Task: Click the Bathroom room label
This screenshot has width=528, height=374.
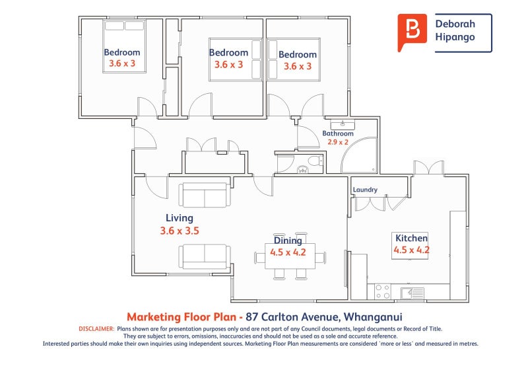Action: [x=337, y=133]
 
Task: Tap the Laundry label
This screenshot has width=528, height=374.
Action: [x=365, y=190]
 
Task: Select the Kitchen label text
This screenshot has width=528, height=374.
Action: [x=411, y=239]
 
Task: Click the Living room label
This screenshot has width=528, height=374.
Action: [x=179, y=218]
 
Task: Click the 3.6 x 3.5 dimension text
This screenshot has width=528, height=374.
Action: [x=179, y=231]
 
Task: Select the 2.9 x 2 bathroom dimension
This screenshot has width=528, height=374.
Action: [x=337, y=141]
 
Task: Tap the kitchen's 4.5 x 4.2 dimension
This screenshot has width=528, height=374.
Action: [x=411, y=250]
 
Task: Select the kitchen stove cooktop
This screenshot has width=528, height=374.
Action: [x=382, y=291]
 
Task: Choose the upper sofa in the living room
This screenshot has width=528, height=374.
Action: [x=204, y=195]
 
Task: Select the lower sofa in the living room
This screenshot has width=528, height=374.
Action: [x=204, y=256]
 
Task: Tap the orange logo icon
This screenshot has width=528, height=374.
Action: [x=412, y=31]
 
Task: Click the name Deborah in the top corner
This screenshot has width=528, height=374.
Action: [x=455, y=24]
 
